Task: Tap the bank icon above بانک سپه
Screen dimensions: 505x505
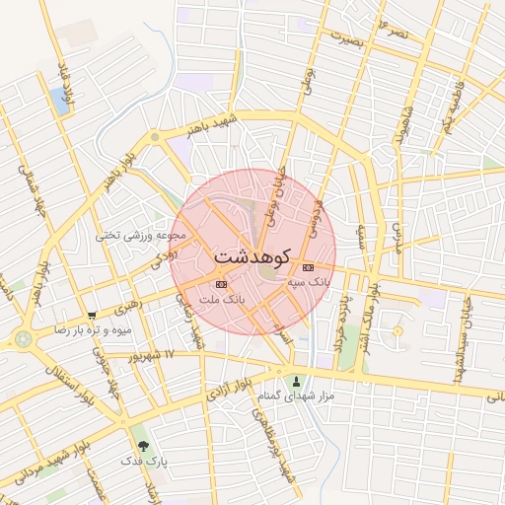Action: [x=308, y=267]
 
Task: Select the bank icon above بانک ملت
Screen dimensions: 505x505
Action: [x=219, y=284]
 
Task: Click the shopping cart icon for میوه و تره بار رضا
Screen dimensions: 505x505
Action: [x=92, y=316]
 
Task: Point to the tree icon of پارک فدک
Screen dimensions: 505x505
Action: [x=145, y=446]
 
